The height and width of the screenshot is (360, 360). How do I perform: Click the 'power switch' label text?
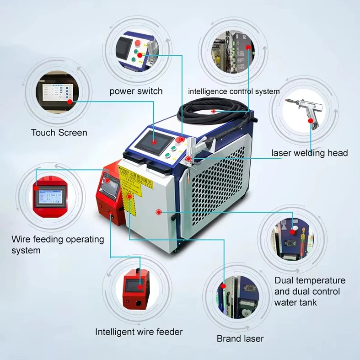pyautogui.click(x=136, y=91)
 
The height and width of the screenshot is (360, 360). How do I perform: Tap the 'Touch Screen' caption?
pyautogui.click(x=59, y=133)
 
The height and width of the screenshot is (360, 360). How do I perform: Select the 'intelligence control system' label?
pyautogui.click(x=234, y=91)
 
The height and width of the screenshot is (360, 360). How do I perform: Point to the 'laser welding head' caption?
pyautogui.click(x=309, y=153)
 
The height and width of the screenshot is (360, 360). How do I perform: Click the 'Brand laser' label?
pyautogui.click(x=240, y=339)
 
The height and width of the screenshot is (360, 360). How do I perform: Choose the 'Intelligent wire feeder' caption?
pyautogui.click(x=139, y=332)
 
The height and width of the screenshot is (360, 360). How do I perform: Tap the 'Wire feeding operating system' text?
pyautogui.click(x=58, y=245)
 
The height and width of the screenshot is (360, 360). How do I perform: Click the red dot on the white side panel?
pyautogui.click(x=159, y=212)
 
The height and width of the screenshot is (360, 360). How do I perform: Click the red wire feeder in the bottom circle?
pyautogui.click(x=135, y=288)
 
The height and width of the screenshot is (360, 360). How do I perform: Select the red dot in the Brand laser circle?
pyautogui.click(x=224, y=285)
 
